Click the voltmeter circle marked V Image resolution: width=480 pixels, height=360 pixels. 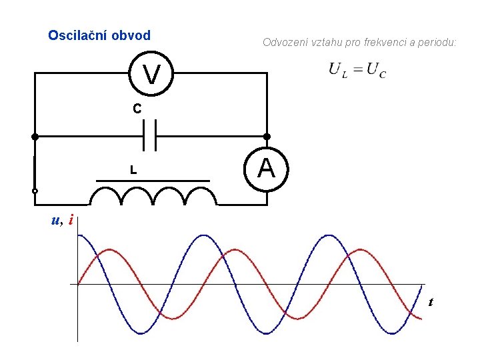(x=152, y=74)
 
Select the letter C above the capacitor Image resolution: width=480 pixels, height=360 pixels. (x=136, y=108)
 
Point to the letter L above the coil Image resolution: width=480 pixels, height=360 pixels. (x=133, y=171)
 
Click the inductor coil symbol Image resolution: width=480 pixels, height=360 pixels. (x=153, y=196)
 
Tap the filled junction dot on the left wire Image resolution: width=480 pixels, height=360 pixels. (x=35, y=136)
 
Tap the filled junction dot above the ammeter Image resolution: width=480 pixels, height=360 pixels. (x=266, y=136)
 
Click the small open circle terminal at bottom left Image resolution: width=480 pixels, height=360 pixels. (x=35, y=191)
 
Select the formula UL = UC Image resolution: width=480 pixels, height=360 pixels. (x=357, y=70)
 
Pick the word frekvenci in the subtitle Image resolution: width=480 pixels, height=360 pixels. (x=381, y=43)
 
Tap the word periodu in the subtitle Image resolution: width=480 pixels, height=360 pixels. (x=438, y=43)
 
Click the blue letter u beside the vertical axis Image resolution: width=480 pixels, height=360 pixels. (x=56, y=221)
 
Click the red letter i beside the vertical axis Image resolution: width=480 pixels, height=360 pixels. (x=70, y=220)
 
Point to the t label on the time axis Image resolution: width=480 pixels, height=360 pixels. (x=431, y=303)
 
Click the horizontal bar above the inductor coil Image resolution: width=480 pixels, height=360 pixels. (x=153, y=181)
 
